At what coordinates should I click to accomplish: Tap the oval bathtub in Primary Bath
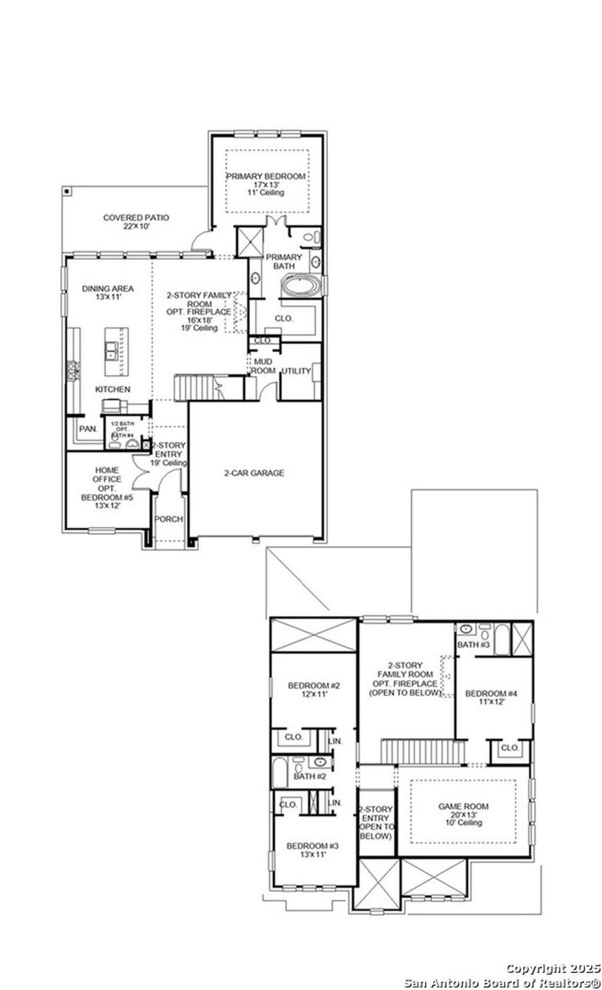302,286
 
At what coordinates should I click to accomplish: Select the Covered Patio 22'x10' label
136,221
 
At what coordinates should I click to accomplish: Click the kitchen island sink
110,352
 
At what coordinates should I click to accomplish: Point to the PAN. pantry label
88,429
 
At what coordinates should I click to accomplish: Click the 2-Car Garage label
254,473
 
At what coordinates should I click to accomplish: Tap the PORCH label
169,519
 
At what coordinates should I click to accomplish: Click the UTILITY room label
296,371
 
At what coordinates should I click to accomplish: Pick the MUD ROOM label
263,366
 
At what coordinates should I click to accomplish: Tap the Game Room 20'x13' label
463,814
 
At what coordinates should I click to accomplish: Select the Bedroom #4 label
491,698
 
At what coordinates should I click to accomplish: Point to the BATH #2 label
310,776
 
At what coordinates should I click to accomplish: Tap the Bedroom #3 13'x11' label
313,850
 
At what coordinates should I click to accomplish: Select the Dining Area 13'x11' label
108,292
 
